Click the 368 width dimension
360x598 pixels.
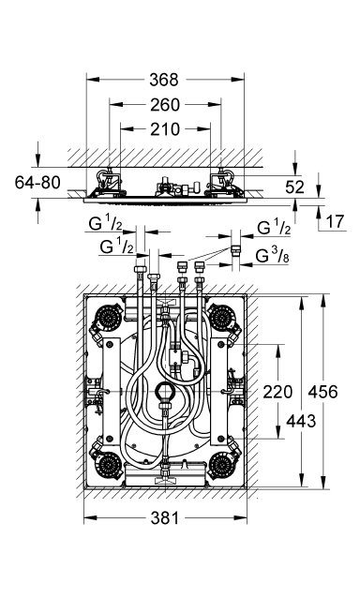[x=164, y=80]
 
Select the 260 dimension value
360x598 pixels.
[x=165, y=105]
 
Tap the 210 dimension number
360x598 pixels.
[x=165, y=129]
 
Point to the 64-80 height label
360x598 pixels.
[x=37, y=182]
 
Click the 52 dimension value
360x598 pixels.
[x=294, y=187]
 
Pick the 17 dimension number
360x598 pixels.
[x=336, y=221]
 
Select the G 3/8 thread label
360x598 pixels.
[x=272, y=256]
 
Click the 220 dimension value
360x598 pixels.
[x=278, y=392]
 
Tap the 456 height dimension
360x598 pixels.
[x=323, y=392]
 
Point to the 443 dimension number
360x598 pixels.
[x=301, y=421]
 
